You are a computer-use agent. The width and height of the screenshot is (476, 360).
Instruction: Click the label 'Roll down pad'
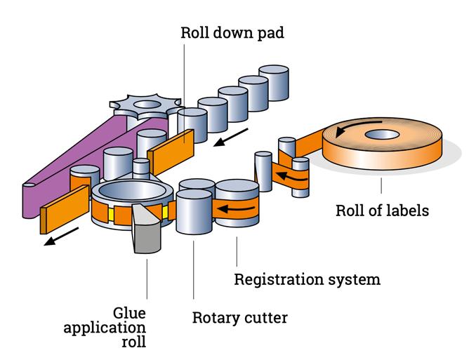[x=232, y=33]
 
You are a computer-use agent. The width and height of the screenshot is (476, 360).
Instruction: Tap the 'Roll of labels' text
[x=381, y=210]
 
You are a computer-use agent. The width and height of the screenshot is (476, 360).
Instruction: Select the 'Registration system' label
[x=307, y=279]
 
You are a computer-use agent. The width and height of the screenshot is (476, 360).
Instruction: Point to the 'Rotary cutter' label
[x=239, y=318]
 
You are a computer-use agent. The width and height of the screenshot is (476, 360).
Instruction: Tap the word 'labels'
[x=404, y=210]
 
